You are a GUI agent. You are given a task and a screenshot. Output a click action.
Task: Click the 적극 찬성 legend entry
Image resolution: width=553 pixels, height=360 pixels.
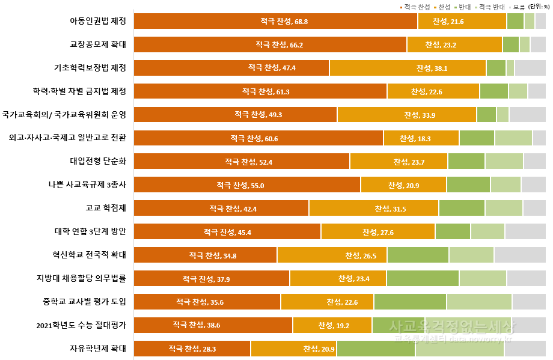click(x=417, y=6)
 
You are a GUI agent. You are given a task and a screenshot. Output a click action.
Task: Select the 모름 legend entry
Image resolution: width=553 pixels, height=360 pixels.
click(x=518, y=6)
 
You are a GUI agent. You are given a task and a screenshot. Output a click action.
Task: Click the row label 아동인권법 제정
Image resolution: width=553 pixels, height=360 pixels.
click(x=98, y=21)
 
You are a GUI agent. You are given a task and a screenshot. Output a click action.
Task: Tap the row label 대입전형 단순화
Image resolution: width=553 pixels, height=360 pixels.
click(x=98, y=161)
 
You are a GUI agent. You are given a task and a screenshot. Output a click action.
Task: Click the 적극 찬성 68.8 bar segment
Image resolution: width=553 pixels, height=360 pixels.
click(x=275, y=21)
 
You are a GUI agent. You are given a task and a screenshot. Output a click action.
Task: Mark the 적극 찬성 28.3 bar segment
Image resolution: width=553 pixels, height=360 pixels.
click(x=192, y=349)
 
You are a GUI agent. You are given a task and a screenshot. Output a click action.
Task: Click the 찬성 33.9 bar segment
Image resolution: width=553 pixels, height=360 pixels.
click(x=406, y=115)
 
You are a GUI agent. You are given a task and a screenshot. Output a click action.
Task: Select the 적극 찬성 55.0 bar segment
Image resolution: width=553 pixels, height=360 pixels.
click(x=247, y=185)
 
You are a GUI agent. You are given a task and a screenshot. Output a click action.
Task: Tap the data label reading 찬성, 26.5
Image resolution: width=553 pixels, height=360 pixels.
click(x=361, y=256)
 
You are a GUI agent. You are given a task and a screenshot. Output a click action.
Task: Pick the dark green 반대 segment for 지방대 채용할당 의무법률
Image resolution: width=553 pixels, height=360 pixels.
click(x=423, y=278)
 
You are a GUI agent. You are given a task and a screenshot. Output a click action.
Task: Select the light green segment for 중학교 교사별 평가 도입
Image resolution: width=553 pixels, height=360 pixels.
click(x=478, y=302)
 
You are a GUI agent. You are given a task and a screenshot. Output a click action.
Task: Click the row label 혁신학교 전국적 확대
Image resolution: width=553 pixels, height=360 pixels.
click(x=90, y=255)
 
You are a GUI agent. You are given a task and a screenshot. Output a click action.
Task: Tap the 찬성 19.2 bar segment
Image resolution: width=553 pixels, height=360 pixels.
click(x=332, y=325)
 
